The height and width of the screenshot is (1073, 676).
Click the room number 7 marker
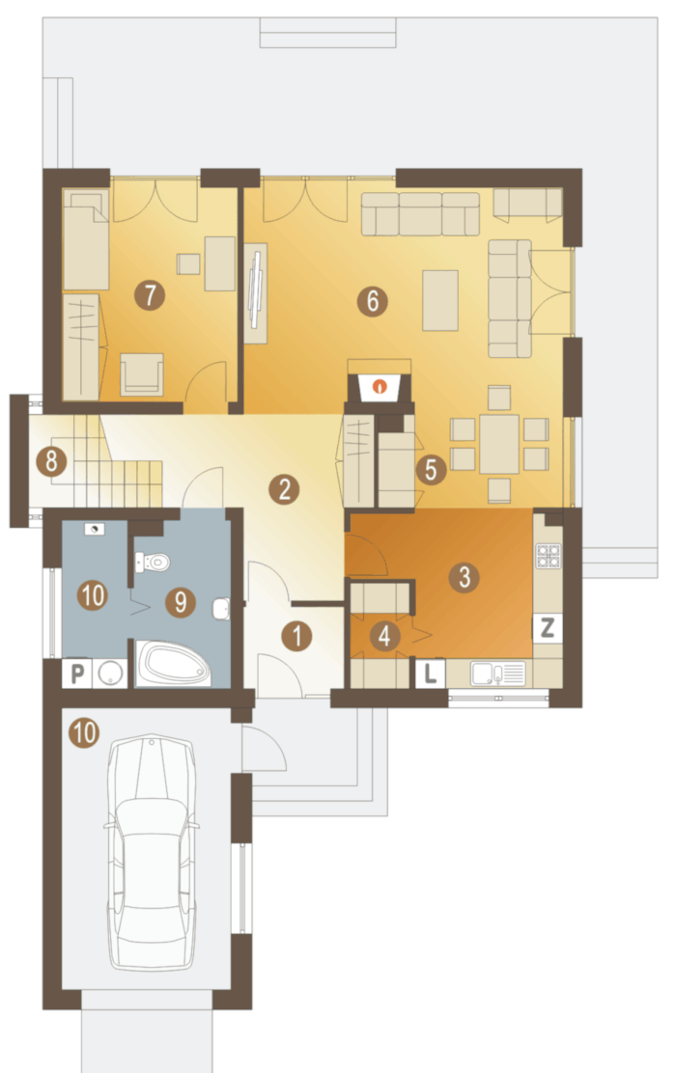click(150, 295)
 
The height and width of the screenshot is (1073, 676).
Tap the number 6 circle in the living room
click(373, 300)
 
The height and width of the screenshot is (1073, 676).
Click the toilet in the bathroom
click(154, 563)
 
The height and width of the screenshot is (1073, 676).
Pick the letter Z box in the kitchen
click(548, 627)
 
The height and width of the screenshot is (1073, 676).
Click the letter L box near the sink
click(430, 674)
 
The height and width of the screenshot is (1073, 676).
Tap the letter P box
click(76, 674)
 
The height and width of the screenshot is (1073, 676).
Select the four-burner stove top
click(549, 557)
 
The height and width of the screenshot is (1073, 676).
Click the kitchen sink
click(498, 674)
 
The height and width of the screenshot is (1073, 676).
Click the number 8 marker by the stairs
click(51, 462)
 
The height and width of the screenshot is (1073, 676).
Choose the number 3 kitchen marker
click(464, 577)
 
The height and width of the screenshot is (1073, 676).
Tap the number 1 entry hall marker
click(296, 637)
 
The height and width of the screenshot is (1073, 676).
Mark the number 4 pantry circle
click(384, 636)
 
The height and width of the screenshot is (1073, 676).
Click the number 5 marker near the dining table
click(431, 469)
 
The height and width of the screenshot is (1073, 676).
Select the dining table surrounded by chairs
click(499, 444)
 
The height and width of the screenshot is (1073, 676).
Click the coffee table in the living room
click(440, 300)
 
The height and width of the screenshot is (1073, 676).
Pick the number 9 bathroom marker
click(181, 601)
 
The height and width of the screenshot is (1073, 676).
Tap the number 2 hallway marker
click(284, 489)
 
